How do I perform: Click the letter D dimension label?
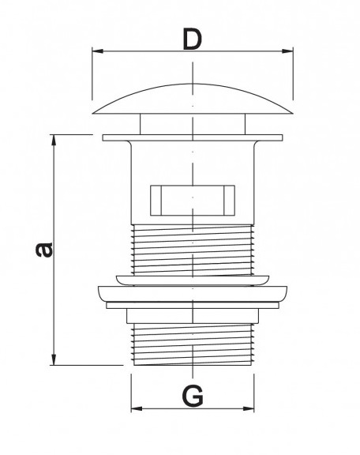pos(193,39)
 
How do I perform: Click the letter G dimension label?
pos(193,396)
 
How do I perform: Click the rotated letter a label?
pos(44,250)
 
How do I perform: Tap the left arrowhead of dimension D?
pos(97,51)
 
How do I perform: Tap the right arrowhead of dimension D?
pos(287,51)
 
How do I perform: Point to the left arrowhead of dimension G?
pos(137,408)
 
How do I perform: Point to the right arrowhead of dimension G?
pos(249,408)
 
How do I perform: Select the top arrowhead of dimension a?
pos(54,140)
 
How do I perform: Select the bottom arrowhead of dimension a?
pos(54,359)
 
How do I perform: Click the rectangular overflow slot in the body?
pos(193,200)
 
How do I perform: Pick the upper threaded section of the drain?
pos(193,250)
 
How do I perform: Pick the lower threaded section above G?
pos(193,344)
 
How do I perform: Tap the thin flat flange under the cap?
pos(193,137)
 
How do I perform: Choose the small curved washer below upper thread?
pos(193,280)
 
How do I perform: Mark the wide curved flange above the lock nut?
pos(193,294)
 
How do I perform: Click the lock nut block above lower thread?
pos(193,316)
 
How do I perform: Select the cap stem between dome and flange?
pos(193,124)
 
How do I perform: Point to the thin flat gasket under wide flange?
pos(193,305)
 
